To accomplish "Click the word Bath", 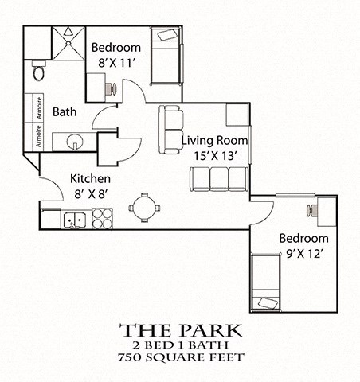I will pos(65,112).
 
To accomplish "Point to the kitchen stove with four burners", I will pos(102,218).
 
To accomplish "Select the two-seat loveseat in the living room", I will pos(170,130).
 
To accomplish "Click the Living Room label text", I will pos(214,140).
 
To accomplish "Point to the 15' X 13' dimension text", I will pos(215,156).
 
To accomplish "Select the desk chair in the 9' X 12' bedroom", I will pos(308,209).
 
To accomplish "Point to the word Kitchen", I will pos(90,178).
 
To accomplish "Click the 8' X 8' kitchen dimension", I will pos(89,193).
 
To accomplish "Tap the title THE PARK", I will pos(179,330).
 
